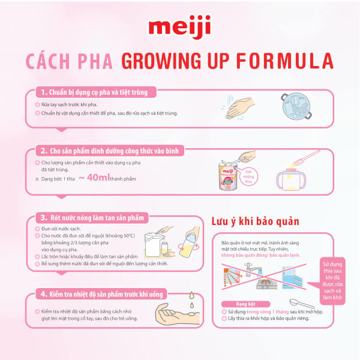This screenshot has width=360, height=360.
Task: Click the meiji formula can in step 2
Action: (230, 174)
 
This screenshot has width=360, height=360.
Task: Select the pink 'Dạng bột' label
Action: (239, 303)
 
